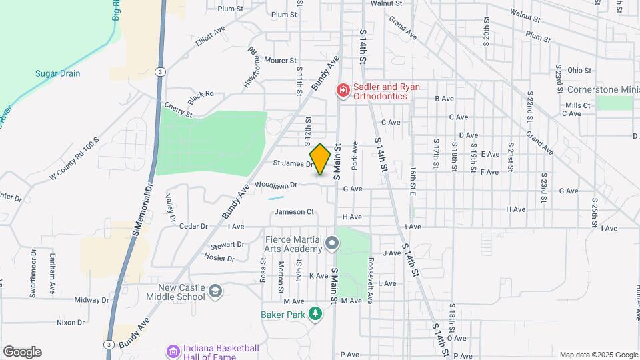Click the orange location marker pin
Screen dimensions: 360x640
tap(321, 159)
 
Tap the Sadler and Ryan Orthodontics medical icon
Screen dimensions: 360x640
tap(343, 89)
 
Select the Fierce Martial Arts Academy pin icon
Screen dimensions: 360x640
tap(332, 245)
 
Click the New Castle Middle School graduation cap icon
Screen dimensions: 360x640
tap(215, 291)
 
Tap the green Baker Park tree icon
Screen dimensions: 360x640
tap(315, 313)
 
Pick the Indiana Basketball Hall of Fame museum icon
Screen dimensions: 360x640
tap(173, 351)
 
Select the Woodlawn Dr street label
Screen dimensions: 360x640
tap(275, 184)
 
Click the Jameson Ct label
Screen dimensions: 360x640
tap(294, 212)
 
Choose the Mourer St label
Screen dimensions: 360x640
tap(280, 60)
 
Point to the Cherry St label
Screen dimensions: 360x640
tap(178, 110)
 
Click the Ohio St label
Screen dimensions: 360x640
tap(579, 70)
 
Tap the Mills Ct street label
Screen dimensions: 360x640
tap(577, 105)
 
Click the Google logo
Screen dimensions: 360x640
tap(22, 352)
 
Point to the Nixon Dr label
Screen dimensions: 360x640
tap(71, 322)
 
